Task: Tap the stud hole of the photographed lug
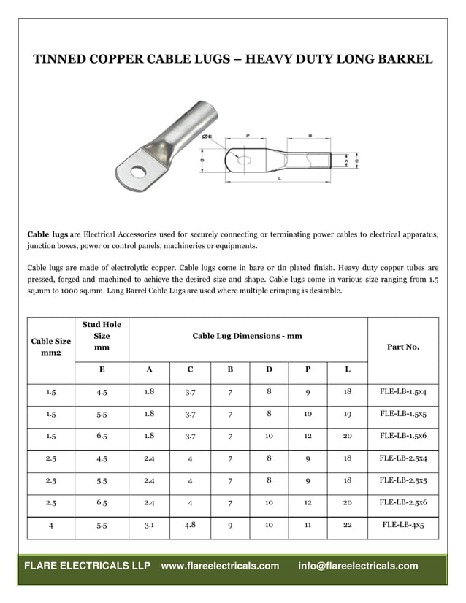point(137,172)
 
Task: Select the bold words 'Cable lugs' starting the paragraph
point(47,234)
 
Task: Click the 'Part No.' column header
point(402,347)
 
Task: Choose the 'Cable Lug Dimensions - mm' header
point(247,336)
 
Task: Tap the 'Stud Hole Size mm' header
point(102,336)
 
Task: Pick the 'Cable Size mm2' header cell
point(51,347)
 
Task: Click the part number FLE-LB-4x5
point(402,524)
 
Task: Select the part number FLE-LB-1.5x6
point(402,435)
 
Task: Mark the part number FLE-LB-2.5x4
point(402,458)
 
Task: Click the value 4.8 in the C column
point(190,523)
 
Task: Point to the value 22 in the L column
point(347,524)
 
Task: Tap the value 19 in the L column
point(347,413)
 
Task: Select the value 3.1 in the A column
point(149,523)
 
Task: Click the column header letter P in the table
point(308,369)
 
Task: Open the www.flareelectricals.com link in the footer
point(220,566)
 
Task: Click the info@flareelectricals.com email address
point(358,566)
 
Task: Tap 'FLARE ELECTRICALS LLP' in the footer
point(87,566)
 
